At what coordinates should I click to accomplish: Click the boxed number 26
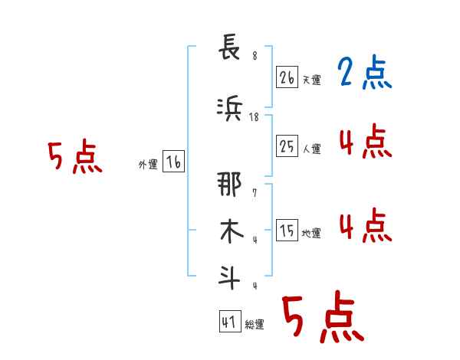coord(287,77)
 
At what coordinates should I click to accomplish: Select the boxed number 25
coord(287,146)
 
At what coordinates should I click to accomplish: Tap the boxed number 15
coord(287,231)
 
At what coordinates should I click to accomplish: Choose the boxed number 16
coord(173,162)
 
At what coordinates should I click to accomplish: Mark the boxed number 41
coord(229,322)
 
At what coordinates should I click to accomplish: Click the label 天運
coord(312,80)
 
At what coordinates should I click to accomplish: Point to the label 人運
coord(312,149)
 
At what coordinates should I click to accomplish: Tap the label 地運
coord(312,234)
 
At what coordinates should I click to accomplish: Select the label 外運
coord(148,164)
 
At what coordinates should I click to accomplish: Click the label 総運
coord(255,325)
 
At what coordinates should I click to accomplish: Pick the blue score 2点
coord(365,74)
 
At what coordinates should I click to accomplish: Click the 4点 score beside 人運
coord(365,141)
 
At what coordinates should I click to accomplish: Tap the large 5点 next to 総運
coord(323,319)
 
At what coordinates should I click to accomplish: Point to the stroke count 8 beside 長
coord(255,55)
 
